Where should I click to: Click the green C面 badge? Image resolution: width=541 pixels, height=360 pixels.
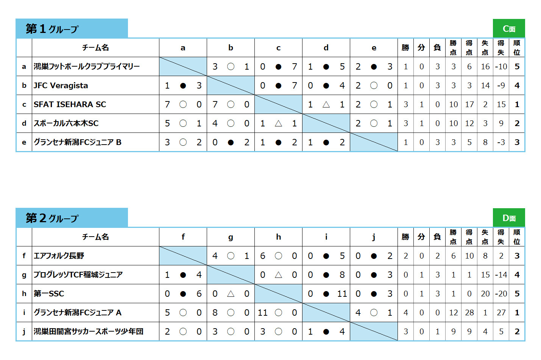tap(509, 28)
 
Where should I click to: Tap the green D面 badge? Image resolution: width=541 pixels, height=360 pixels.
tap(509, 218)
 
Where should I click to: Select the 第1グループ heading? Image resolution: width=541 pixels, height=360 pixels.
tap(52, 29)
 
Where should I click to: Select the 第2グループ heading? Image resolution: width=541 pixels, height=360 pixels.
tap(52, 218)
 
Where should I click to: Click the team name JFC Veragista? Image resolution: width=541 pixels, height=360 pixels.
tap(61, 86)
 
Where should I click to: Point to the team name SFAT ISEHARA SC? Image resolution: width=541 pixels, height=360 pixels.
tap(70, 104)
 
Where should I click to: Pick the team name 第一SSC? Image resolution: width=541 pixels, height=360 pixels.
tap(49, 294)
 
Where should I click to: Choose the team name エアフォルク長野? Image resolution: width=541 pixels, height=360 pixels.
tap(59, 256)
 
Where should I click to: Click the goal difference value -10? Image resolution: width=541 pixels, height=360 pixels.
tap(501, 67)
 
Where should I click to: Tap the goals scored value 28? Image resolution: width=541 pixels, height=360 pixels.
tap(469, 313)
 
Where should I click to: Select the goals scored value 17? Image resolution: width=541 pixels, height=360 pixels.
tap(469, 104)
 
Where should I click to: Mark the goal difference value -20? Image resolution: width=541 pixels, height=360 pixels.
tap(501, 294)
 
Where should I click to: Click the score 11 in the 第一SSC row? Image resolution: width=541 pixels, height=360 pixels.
tap(342, 294)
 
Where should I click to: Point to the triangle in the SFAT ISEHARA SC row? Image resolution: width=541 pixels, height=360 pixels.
tap(326, 104)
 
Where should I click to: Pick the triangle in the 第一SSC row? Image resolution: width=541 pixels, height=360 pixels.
tap(231, 294)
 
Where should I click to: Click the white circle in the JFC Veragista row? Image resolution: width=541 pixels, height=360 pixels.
tap(374, 86)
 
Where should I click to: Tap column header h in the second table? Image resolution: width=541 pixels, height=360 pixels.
tap(278, 237)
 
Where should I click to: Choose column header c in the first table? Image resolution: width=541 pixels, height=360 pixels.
tap(278, 48)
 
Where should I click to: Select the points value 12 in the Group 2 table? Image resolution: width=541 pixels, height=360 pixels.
tap(453, 313)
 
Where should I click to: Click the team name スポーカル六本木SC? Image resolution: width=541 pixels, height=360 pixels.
tap(66, 123)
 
